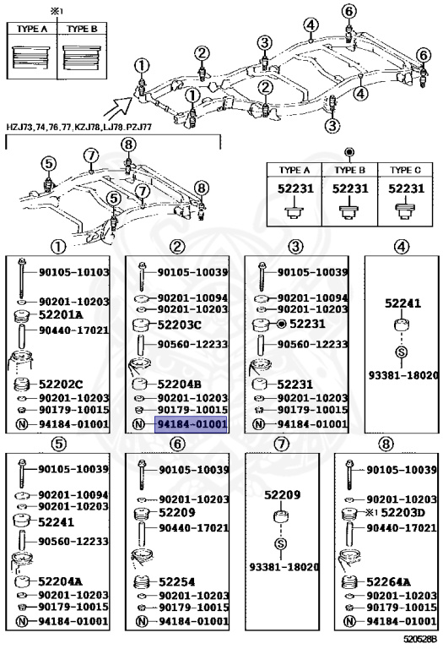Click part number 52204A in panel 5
pyautogui.click(x=61, y=581)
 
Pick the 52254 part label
pyautogui.click(x=176, y=581)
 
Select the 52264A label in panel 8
pyautogui.click(x=387, y=581)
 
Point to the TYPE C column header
pyautogui.click(x=405, y=170)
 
